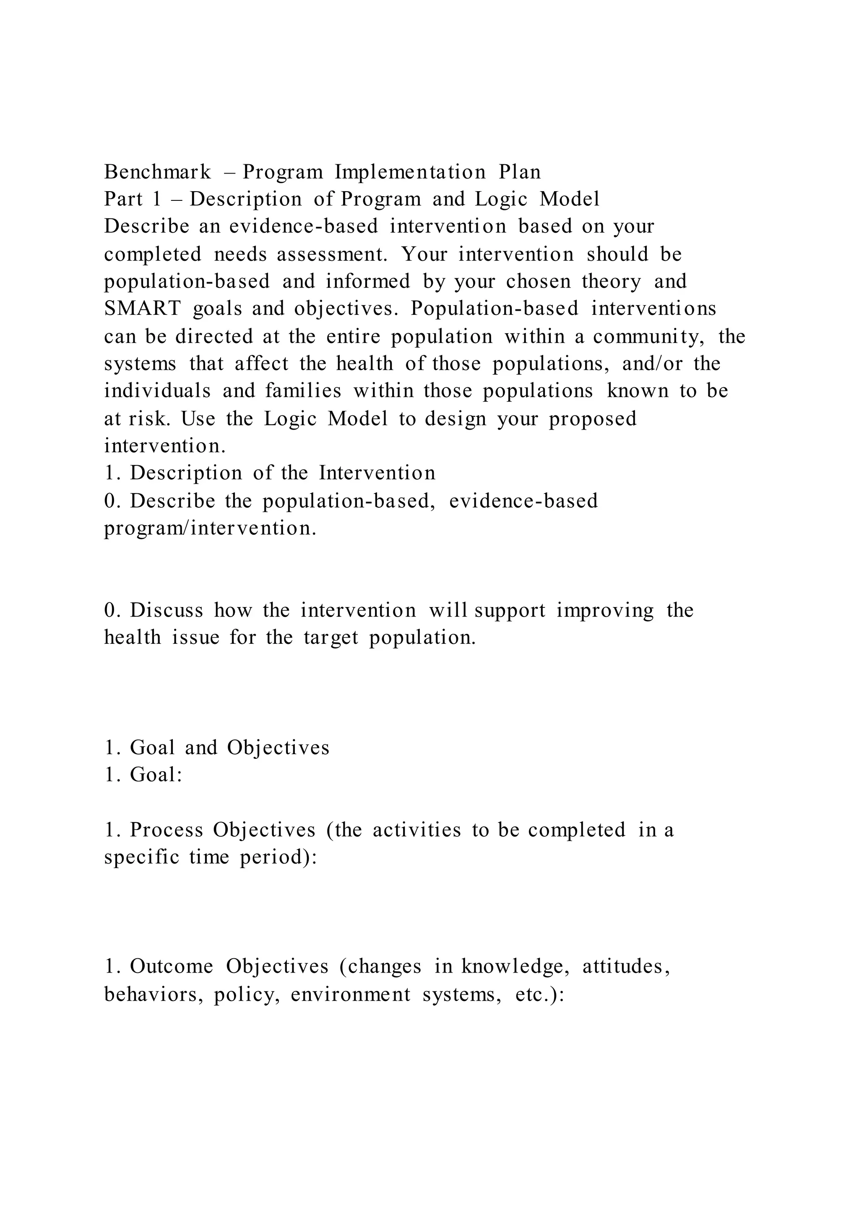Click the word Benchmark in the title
(x=158, y=172)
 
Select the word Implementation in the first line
(x=410, y=172)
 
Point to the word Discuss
(x=166, y=610)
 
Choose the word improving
(x=605, y=610)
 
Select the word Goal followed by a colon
(x=156, y=775)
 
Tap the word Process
(x=166, y=830)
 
